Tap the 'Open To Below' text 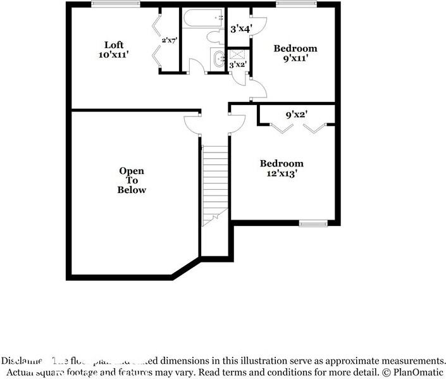[x=132, y=180]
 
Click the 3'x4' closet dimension [x=240, y=28]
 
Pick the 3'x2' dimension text [x=237, y=65]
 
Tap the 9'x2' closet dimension [x=296, y=115]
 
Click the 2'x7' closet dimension [x=169, y=40]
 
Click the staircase [x=214, y=183]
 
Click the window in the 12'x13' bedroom [x=313, y=223]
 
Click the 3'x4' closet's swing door [x=259, y=25]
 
